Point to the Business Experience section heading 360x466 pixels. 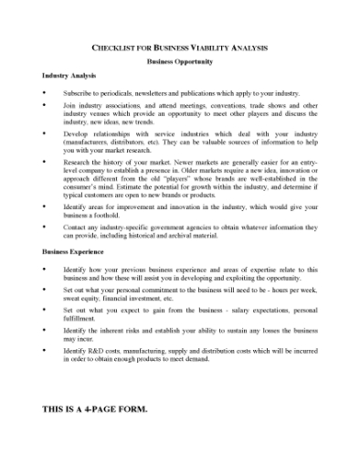tap(73, 250)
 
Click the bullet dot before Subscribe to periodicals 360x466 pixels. tap(44, 93)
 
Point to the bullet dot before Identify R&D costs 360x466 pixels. tap(44, 349)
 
